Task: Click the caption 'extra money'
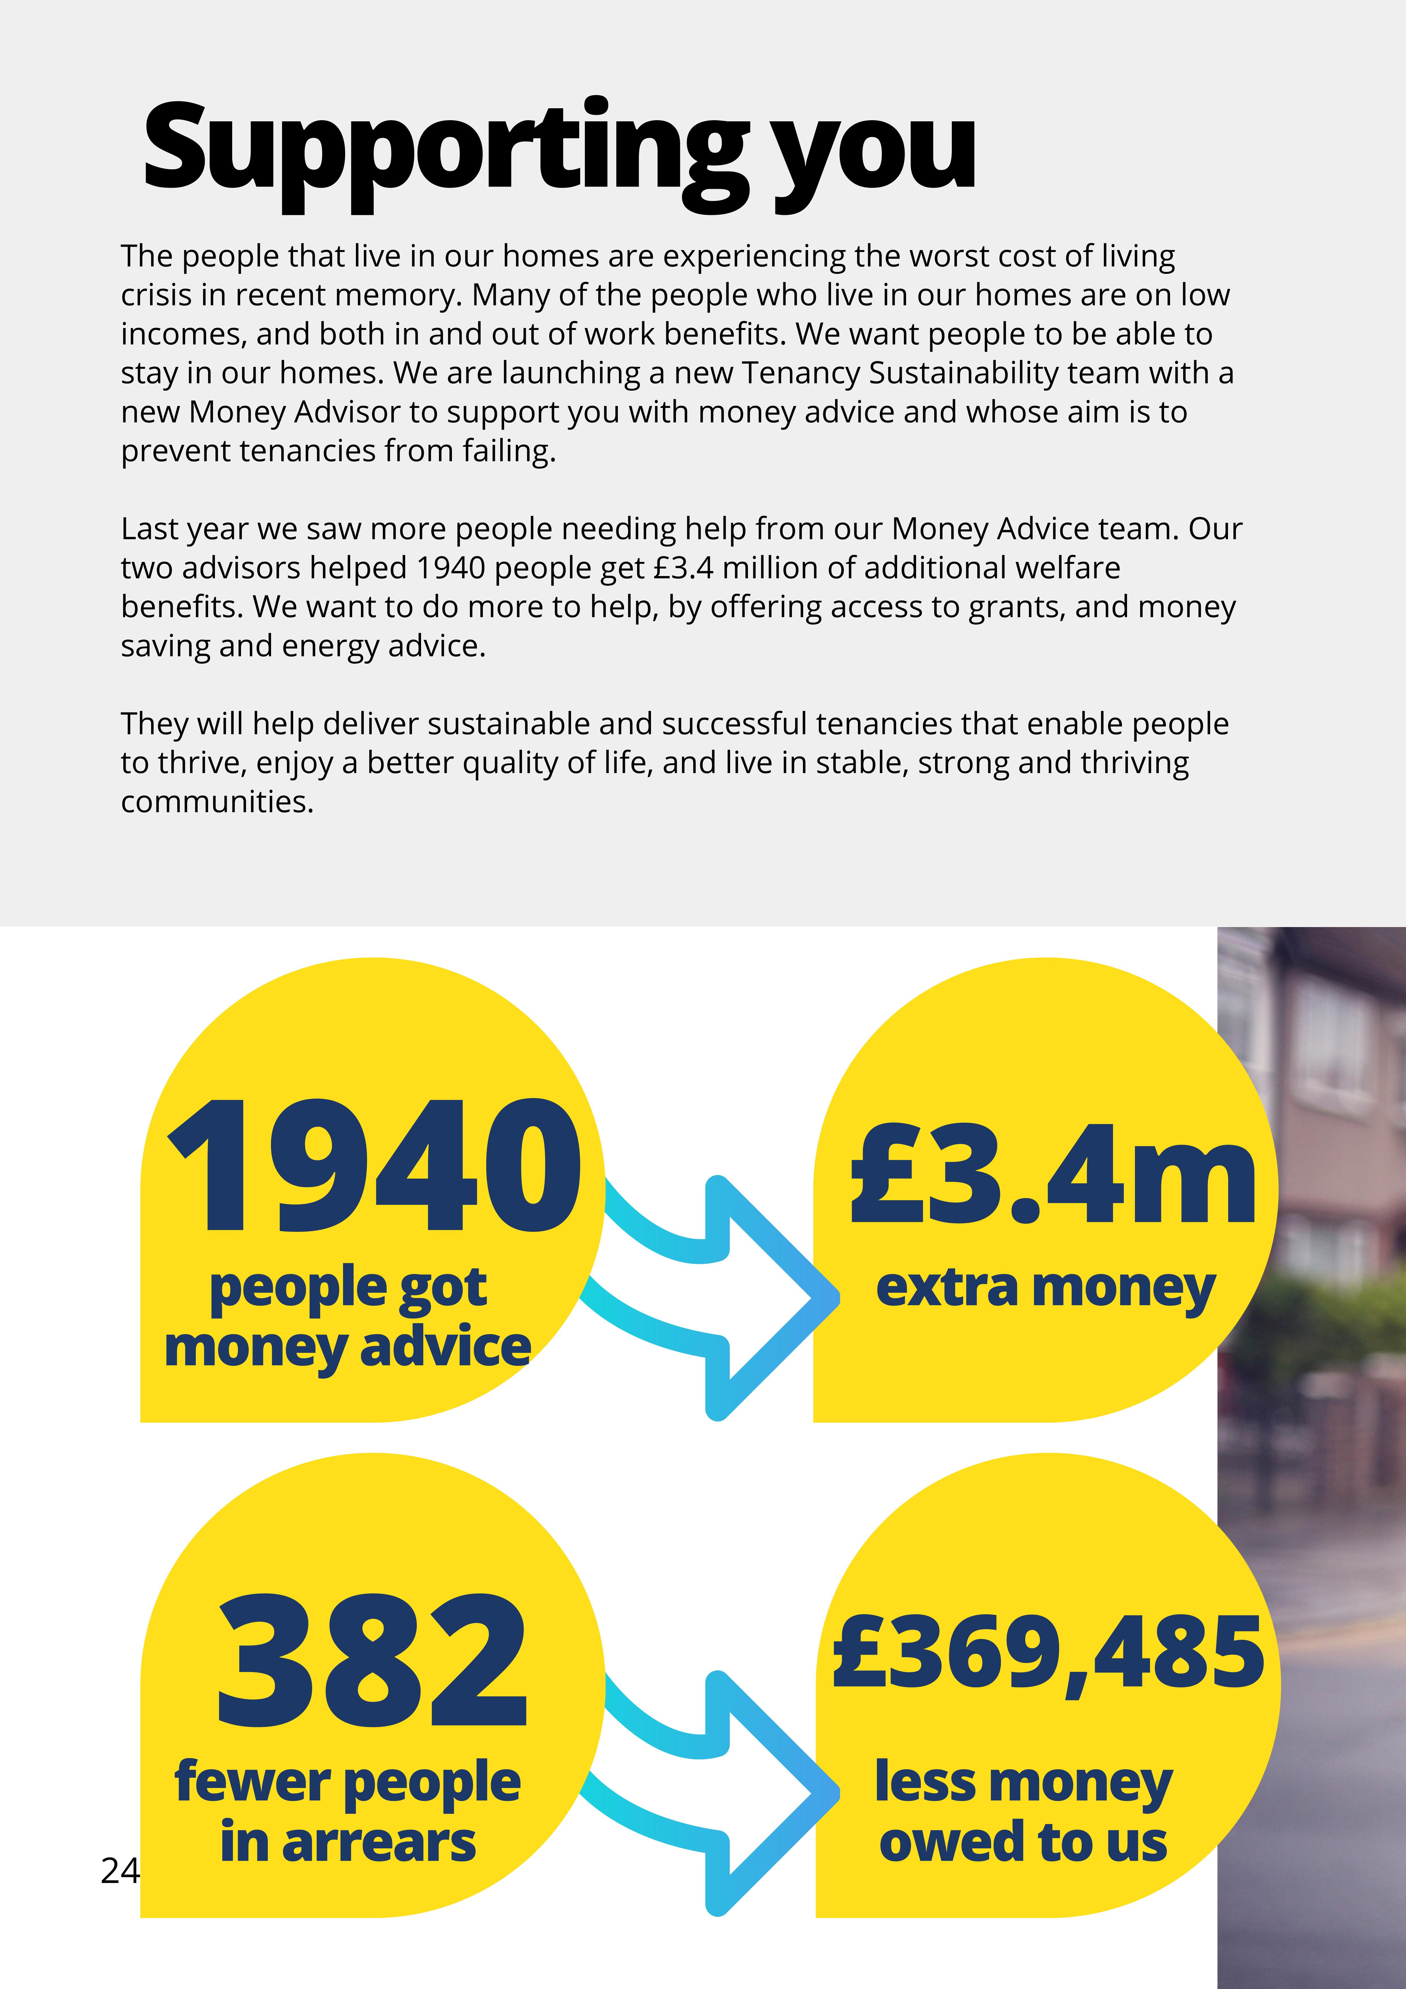pyautogui.click(x=1046, y=1288)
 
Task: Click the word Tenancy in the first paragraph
pyautogui.click(x=800, y=373)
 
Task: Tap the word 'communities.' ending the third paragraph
pyautogui.click(x=217, y=802)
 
